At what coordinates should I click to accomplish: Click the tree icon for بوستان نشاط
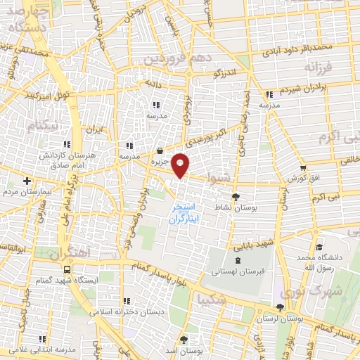(235, 197)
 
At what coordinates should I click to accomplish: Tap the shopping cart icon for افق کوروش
(303, 169)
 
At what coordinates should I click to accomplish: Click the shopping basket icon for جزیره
(161, 150)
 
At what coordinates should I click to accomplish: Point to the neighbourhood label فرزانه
(321, 67)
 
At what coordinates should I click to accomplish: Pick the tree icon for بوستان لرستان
(281, 307)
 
